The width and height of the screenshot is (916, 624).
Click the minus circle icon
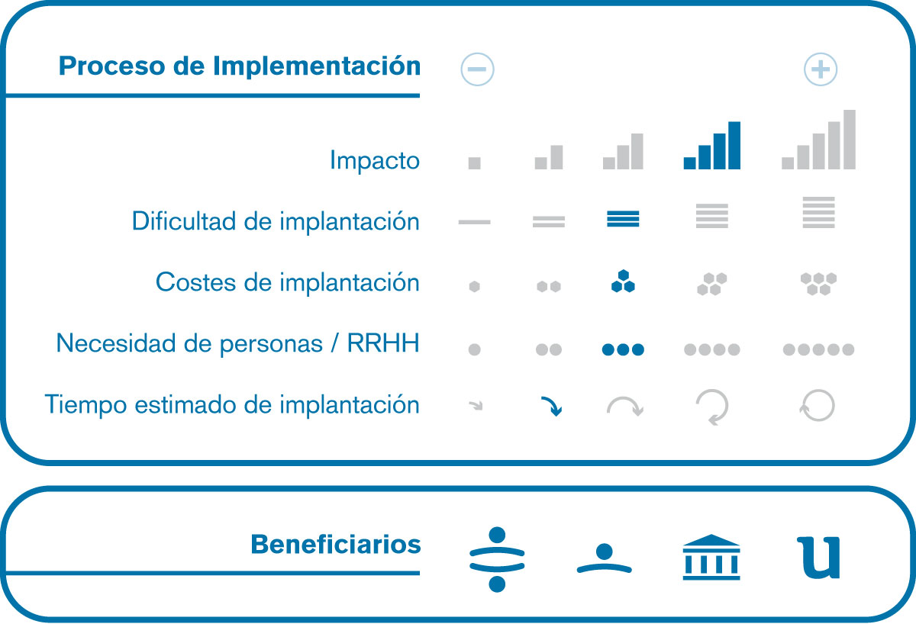coord(477,69)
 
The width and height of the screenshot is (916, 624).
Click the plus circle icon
coord(821,69)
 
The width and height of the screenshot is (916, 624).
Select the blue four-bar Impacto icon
coord(712,146)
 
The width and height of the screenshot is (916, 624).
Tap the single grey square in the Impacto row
coord(474,163)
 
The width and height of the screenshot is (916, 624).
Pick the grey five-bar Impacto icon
coord(818,140)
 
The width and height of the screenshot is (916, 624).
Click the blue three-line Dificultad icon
coord(623,219)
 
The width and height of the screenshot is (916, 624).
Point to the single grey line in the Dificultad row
coord(474,222)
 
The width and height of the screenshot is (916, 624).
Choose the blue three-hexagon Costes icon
coord(623,281)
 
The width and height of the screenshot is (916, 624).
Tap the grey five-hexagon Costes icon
coord(818,284)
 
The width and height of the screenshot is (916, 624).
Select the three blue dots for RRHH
coord(623,349)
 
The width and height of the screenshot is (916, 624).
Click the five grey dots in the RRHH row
coord(818,349)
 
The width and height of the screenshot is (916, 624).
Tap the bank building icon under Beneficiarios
coord(711,557)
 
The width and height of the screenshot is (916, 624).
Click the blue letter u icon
coord(818,558)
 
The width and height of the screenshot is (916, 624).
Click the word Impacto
coord(375,161)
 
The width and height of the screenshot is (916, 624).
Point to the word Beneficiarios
coord(336,545)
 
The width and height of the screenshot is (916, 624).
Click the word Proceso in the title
coord(112,66)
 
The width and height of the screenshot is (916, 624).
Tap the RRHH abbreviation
coord(383,343)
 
